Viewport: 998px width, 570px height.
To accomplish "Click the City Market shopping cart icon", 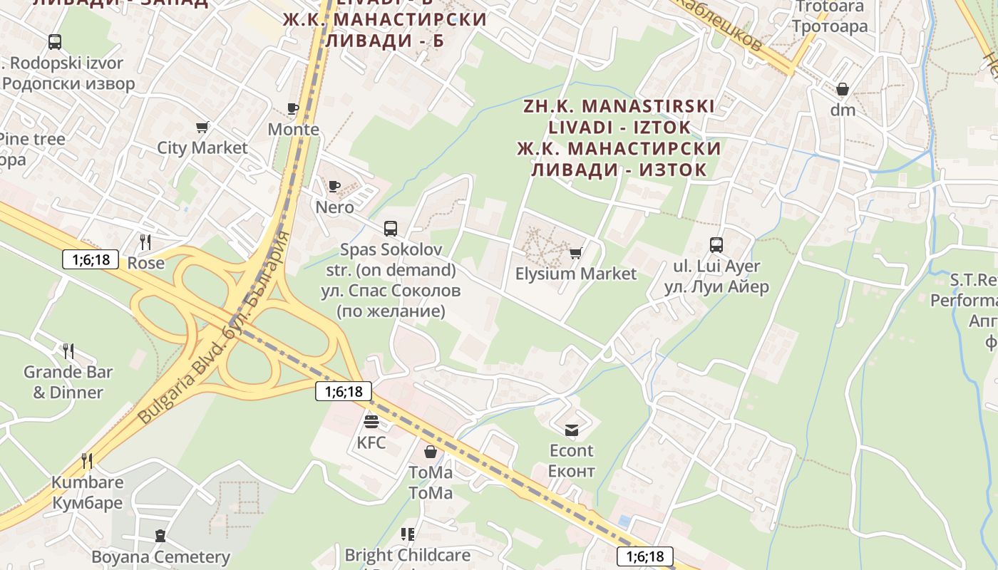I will pos(202,128).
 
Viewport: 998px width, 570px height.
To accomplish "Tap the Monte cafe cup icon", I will pos(292,108).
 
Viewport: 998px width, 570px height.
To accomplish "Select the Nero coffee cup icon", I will pos(334,186).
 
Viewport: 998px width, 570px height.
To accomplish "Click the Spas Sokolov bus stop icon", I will pos(391,229).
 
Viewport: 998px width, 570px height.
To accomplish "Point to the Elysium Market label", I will pos(575,274).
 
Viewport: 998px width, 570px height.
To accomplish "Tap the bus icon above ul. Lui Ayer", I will pos(716,245).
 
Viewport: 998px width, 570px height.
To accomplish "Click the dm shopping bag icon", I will pos(843,90).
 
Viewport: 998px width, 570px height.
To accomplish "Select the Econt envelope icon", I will pos(572,430).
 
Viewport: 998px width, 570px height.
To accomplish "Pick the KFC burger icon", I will pos(371,422).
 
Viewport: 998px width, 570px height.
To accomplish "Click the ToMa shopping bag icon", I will pos(431,452).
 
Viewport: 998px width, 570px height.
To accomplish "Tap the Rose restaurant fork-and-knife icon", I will pos(145,242).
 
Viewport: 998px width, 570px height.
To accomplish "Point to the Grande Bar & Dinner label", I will pos(68,382).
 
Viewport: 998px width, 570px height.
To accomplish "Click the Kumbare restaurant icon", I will pos(87,461).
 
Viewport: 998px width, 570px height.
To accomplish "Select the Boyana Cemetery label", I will pos(160,556).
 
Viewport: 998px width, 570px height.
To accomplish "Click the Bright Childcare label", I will pos(407,554).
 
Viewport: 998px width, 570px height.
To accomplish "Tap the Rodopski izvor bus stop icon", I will pos(55,42).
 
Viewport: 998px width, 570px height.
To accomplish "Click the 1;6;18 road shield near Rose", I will pos(91,259).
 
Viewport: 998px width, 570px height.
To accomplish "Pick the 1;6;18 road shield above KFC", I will pos(344,391).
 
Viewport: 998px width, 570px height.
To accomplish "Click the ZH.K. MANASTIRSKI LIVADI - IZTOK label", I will pos(619,117).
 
